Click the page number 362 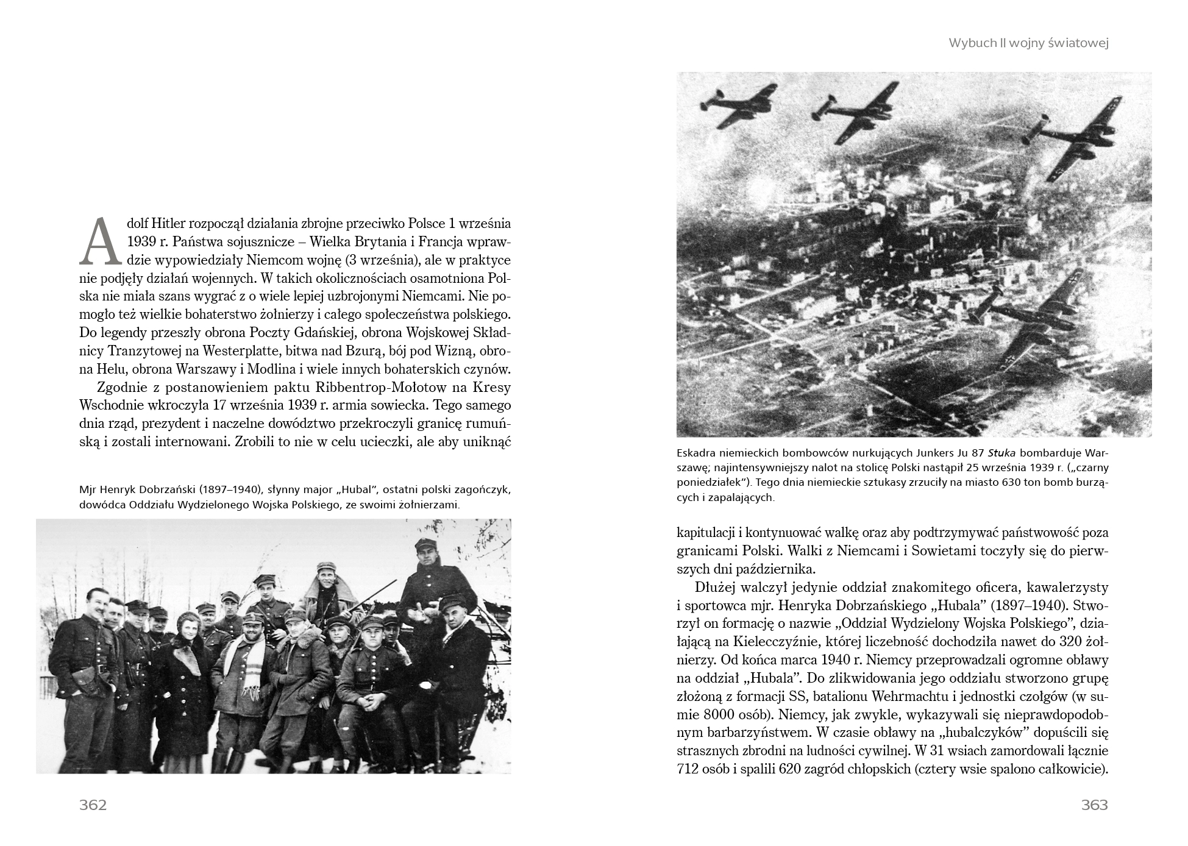(93, 805)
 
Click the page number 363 (1094, 805)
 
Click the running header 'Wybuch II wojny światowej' (1028, 43)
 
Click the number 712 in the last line (688, 769)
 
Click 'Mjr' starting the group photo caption (88, 490)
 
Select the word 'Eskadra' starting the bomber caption (696, 453)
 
